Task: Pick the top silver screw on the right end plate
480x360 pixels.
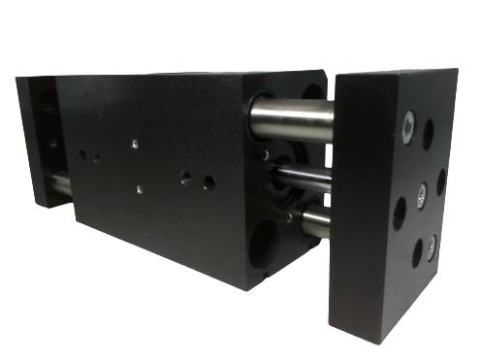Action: click(408, 123)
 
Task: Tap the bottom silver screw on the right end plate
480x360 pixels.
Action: click(431, 242)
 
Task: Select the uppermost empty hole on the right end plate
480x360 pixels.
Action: click(428, 134)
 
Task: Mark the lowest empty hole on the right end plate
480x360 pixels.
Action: click(417, 254)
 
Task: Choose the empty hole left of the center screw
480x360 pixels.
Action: click(399, 212)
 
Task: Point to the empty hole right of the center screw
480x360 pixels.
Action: click(441, 181)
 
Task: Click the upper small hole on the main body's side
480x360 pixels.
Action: click(134, 144)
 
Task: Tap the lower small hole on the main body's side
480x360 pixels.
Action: click(140, 189)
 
